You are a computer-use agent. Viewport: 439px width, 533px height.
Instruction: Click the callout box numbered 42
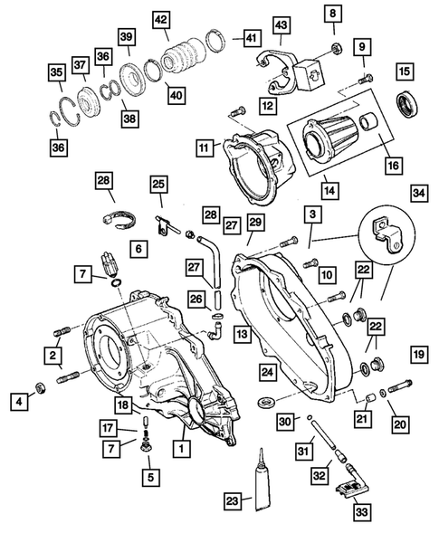click(160, 21)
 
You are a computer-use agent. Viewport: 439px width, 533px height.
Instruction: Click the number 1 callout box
click(183, 447)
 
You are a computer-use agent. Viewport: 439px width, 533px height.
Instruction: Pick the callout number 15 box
click(405, 71)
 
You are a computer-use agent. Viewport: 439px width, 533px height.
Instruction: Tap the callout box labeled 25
click(159, 185)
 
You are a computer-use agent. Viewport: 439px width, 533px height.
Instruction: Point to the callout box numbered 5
click(150, 473)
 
